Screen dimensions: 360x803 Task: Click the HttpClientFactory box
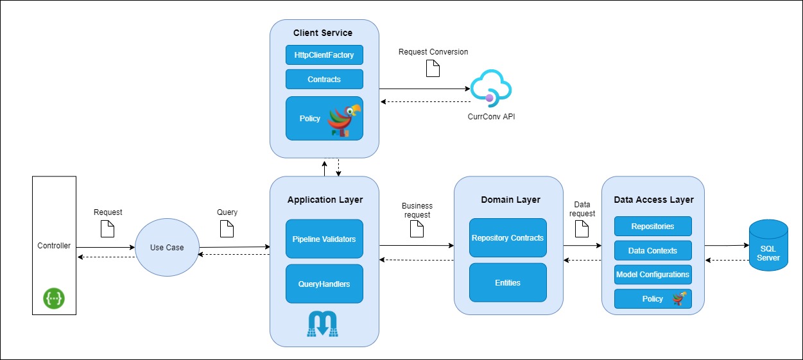pos(324,55)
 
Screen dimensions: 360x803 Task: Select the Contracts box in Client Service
pos(324,80)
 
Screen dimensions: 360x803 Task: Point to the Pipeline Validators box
pos(324,239)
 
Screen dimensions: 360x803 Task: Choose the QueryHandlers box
pos(324,284)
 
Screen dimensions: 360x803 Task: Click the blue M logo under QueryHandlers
pos(323,323)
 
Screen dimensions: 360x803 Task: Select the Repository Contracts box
pos(508,238)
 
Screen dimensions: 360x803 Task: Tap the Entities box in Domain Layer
pos(508,282)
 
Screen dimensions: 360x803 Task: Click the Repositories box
pos(653,227)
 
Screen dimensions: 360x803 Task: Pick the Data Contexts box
pos(653,250)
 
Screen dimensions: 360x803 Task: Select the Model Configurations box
pos(653,275)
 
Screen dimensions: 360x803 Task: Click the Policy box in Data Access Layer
pos(653,299)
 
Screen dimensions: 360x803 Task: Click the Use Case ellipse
pos(166,248)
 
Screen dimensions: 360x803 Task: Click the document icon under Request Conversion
pos(433,68)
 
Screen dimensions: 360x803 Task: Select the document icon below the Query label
pos(227,228)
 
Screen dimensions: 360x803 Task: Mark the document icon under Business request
pos(417,229)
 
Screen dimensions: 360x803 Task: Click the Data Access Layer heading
pos(653,200)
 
